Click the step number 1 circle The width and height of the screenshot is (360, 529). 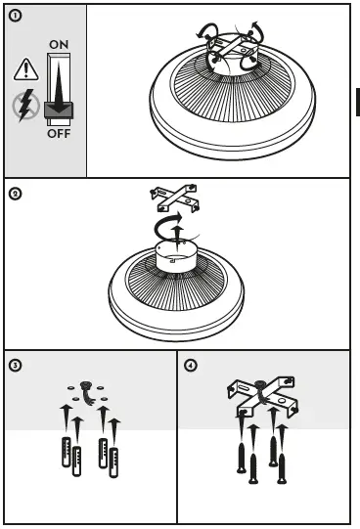(x=15, y=16)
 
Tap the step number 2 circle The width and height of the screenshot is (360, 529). (x=15, y=194)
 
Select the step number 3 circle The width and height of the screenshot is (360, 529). (x=16, y=366)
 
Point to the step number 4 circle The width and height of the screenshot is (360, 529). (x=191, y=366)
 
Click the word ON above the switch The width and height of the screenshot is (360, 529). (x=59, y=45)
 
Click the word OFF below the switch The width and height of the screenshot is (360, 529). (x=59, y=134)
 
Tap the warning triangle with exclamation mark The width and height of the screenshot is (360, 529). (x=26, y=69)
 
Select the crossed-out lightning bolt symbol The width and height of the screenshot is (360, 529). (x=26, y=106)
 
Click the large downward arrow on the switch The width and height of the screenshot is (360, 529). (x=60, y=87)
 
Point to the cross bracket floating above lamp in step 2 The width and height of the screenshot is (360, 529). (x=175, y=198)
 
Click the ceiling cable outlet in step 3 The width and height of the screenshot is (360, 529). (x=86, y=391)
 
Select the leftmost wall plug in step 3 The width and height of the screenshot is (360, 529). (x=67, y=452)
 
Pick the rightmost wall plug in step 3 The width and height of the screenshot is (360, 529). (x=113, y=463)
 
